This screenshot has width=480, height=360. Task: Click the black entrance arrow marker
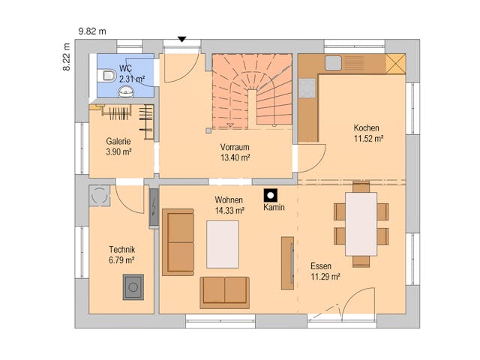pyautogui.click(x=182, y=39)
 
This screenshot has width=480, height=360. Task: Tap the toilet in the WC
pyautogui.click(x=106, y=75)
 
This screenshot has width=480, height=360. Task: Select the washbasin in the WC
pyautogui.click(x=126, y=91)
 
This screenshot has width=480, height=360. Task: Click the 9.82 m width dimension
pyautogui.click(x=92, y=31)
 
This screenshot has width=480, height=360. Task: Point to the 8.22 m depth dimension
pyautogui.click(x=67, y=57)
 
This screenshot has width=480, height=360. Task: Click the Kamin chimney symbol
pyautogui.click(x=271, y=195)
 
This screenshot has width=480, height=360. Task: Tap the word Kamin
pyautogui.click(x=274, y=207)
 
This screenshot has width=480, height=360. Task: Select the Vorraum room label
pyautogui.click(x=235, y=147)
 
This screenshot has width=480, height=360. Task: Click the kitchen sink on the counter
pyautogui.click(x=333, y=63)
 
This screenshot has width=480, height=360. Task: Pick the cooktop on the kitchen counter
pyautogui.click(x=307, y=88)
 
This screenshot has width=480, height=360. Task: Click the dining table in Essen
pyautogui.click(x=361, y=224)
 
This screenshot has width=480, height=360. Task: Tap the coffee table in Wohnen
pyautogui.click(x=223, y=244)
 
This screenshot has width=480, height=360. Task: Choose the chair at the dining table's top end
pyautogui.click(x=361, y=187)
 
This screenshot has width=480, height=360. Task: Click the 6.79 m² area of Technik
pyautogui.click(x=121, y=260)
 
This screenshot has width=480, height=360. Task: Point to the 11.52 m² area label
pyautogui.click(x=368, y=139)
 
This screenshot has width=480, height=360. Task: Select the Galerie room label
pyautogui.click(x=118, y=141)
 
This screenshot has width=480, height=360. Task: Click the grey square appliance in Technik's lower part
pyautogui.click(x=133, y=286)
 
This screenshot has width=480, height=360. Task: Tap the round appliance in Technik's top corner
pyautogui.click(x=100, y=195)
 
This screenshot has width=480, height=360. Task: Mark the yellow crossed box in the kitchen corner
pyautogui.click(x=395, y=64)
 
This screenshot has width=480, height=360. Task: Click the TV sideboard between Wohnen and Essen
pyautogui.click(x=287, y=263)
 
